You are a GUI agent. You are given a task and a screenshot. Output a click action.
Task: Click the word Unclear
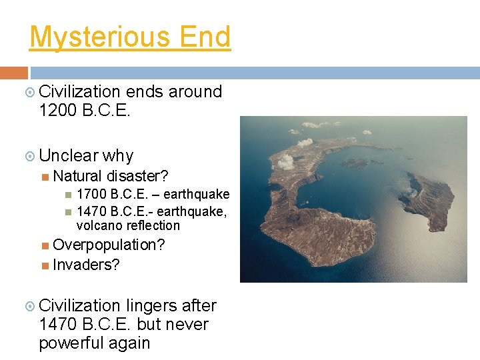coord(68,155)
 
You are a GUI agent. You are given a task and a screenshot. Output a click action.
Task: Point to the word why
coord(118,156)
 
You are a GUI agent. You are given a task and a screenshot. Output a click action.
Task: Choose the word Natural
coord(77,176)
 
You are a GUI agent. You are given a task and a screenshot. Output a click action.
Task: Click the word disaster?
coord(137,176)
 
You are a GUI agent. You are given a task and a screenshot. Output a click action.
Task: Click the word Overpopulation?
coord(109,245)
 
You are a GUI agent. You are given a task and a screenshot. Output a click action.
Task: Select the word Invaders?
coord(86,265)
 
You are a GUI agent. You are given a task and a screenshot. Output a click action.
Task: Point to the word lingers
coord(151,306)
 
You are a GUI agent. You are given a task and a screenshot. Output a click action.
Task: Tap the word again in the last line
coord(131,343)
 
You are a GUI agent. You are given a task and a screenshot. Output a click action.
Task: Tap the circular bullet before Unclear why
coord(29,156)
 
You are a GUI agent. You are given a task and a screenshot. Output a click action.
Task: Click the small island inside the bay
coord(358,162)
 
